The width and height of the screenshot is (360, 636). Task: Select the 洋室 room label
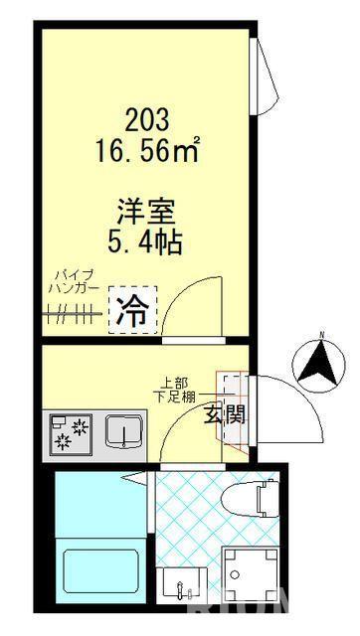click(x=147, y=210)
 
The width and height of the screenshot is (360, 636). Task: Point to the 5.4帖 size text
click(x=147, y=241)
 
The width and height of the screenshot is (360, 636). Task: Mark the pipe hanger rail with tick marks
click(x=74, y=316)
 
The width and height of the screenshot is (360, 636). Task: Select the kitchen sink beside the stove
click(x=125, y=430)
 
